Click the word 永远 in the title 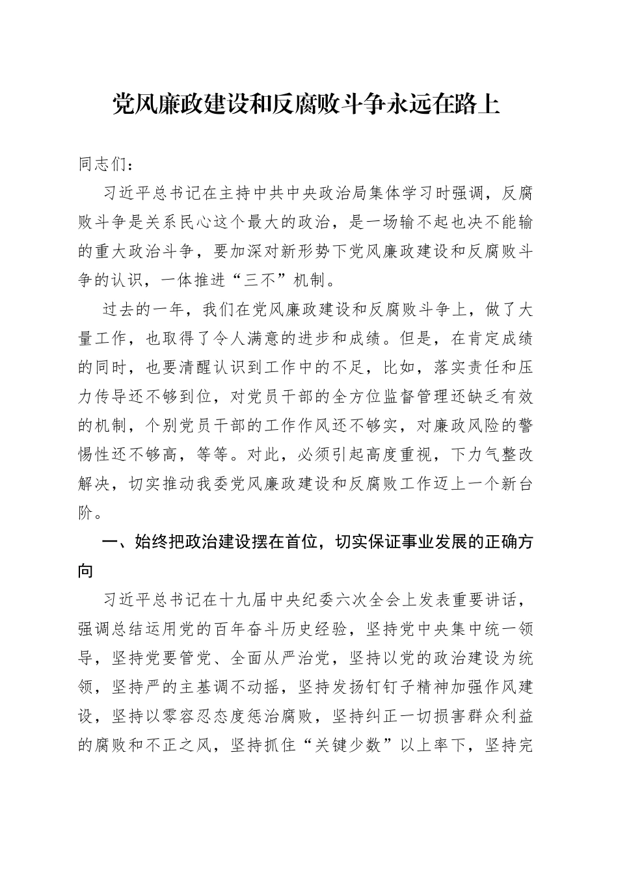(411, 104)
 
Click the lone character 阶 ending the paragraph (86, 513)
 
